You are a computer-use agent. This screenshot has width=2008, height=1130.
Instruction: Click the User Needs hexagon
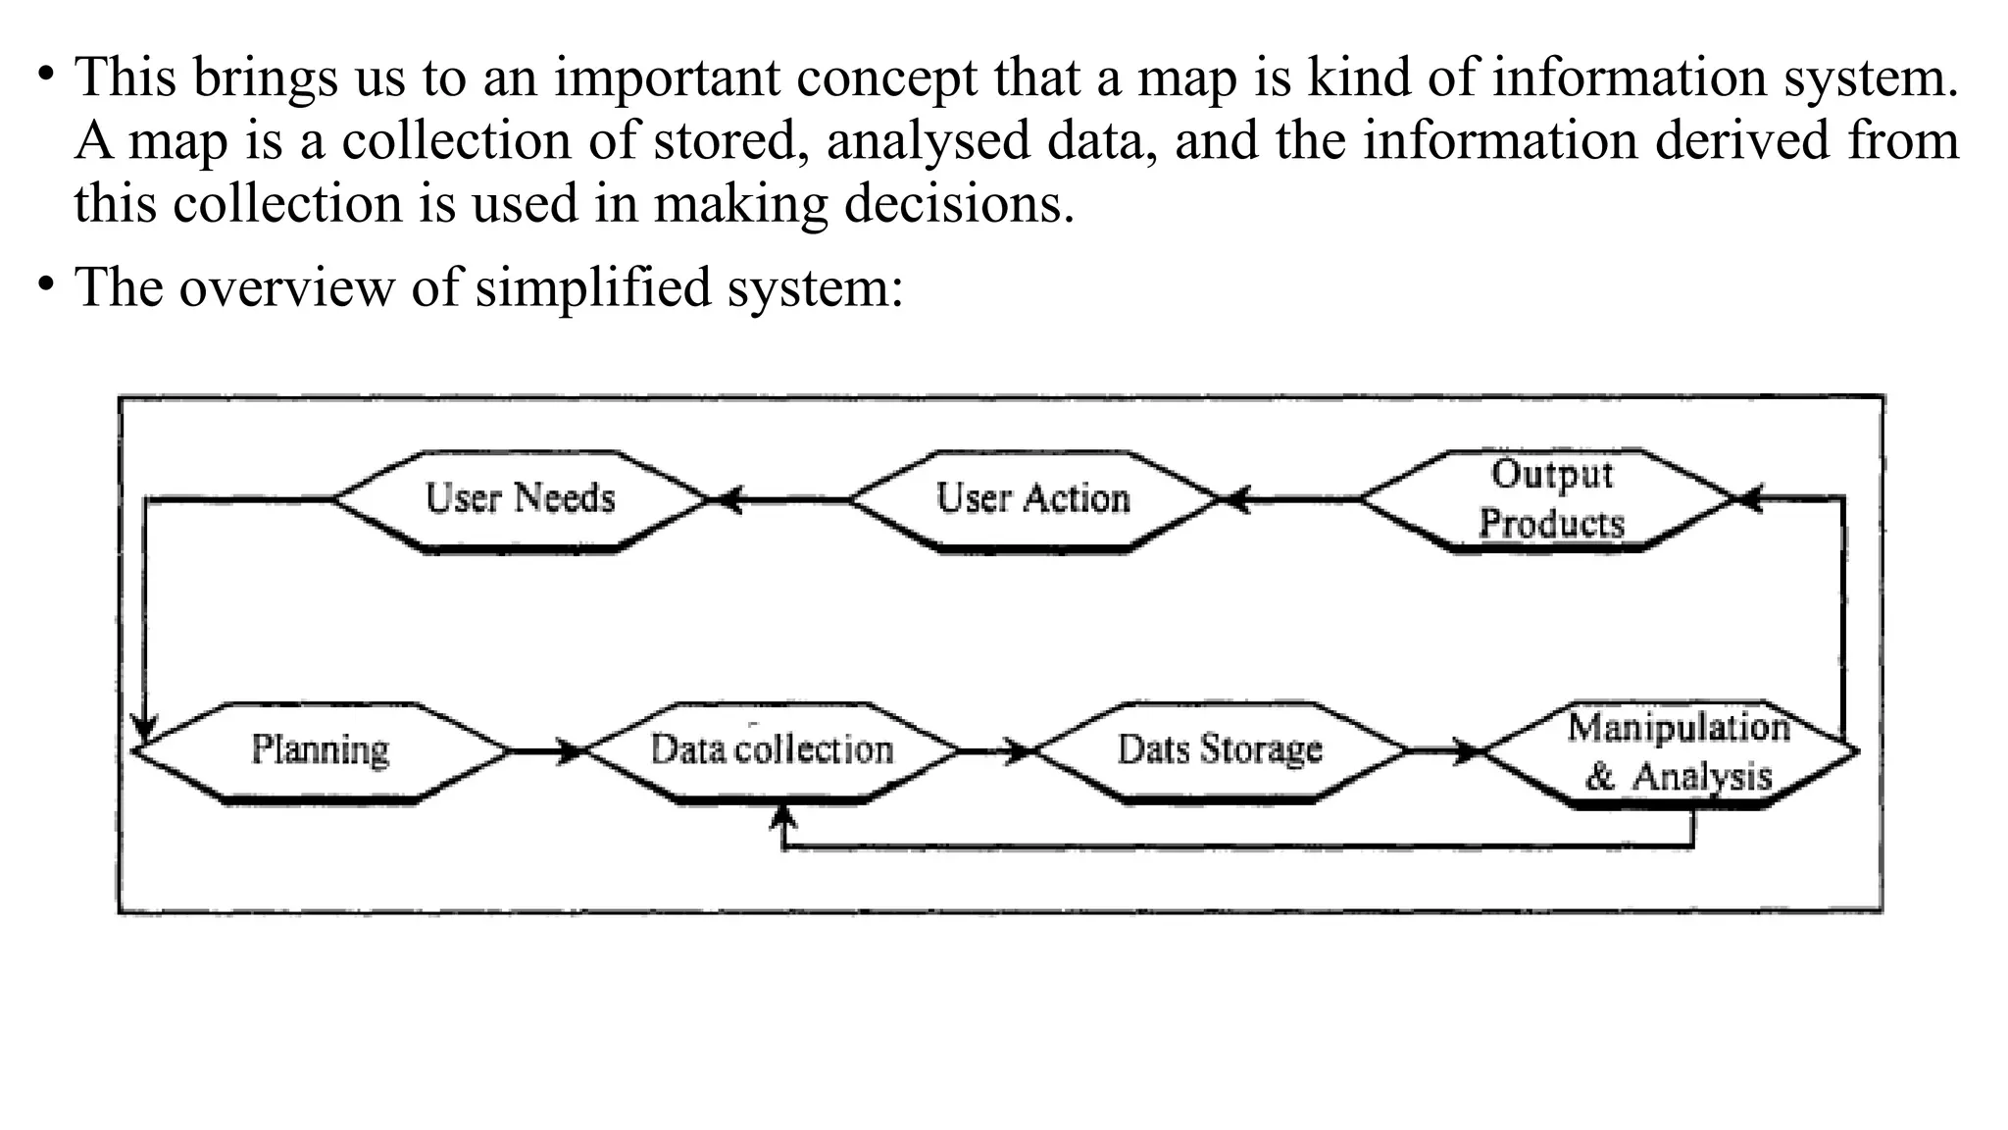(520, 500)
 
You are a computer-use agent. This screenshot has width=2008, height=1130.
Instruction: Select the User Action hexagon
(1033, 500)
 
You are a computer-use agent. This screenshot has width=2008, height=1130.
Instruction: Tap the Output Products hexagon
(1549, 500)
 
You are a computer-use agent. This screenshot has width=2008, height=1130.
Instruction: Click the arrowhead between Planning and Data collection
(571, 752)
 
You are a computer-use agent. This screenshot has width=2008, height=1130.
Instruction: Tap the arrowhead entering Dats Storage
(1020, 752)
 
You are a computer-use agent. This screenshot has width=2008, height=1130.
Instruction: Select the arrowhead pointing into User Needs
(726, 500)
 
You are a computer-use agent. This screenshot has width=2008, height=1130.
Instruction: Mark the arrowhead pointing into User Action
(1235, 500)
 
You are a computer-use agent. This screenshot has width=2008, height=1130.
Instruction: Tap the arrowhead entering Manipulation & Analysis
(1468, 752)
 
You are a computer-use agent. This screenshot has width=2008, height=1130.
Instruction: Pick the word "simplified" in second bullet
(592, 288)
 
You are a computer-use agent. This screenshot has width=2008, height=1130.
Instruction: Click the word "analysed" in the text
(928, 141)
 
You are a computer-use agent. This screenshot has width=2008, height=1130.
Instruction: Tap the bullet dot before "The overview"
(45, 284)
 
